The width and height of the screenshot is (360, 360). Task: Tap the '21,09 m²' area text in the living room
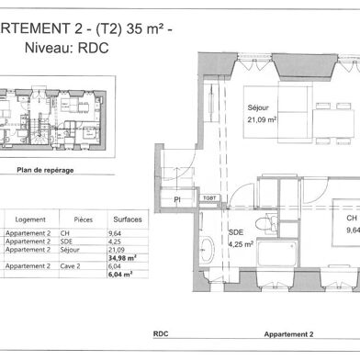pyautogui.click(x=262, y=118)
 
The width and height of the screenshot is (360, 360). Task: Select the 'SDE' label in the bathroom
pyautogui.click(x=235, y=232)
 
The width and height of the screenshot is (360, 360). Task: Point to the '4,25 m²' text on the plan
pyautogui.click(x=241, y=244)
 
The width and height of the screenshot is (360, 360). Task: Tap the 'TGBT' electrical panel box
pyautogui.click(x=208, y=197)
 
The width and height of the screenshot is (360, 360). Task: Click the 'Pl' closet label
pyautogui.click(x=177, y=197)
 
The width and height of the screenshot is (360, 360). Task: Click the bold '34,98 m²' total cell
pyautogui.click(x=123, y=257)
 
